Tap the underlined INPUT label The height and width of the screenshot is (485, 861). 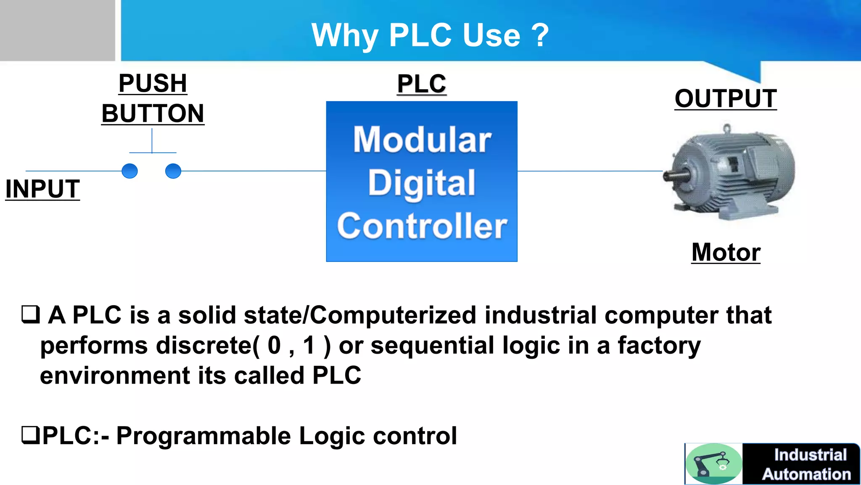point(42,189)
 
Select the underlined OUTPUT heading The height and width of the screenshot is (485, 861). point(726,99)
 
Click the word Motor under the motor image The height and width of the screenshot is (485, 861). point(726,252)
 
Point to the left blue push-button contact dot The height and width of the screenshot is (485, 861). point(129,171)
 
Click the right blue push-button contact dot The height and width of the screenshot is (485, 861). point(173,171)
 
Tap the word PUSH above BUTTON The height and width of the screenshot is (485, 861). point(153,83)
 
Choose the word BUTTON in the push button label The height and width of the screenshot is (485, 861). point(153,114)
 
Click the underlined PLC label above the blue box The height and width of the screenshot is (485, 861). point(422,84)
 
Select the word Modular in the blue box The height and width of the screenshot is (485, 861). point(422,140)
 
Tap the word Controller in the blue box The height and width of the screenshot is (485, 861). point(422,226)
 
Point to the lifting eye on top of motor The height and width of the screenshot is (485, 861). point(727,128)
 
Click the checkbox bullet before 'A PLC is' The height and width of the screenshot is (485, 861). point(30,314)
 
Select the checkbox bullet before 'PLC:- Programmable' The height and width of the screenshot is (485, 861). point(30,435)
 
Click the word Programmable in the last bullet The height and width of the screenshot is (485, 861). point(203,436)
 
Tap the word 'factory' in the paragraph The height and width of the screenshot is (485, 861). point(659,346)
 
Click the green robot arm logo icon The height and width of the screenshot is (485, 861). point(713,464)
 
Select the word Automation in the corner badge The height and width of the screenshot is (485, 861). point(806,474)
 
